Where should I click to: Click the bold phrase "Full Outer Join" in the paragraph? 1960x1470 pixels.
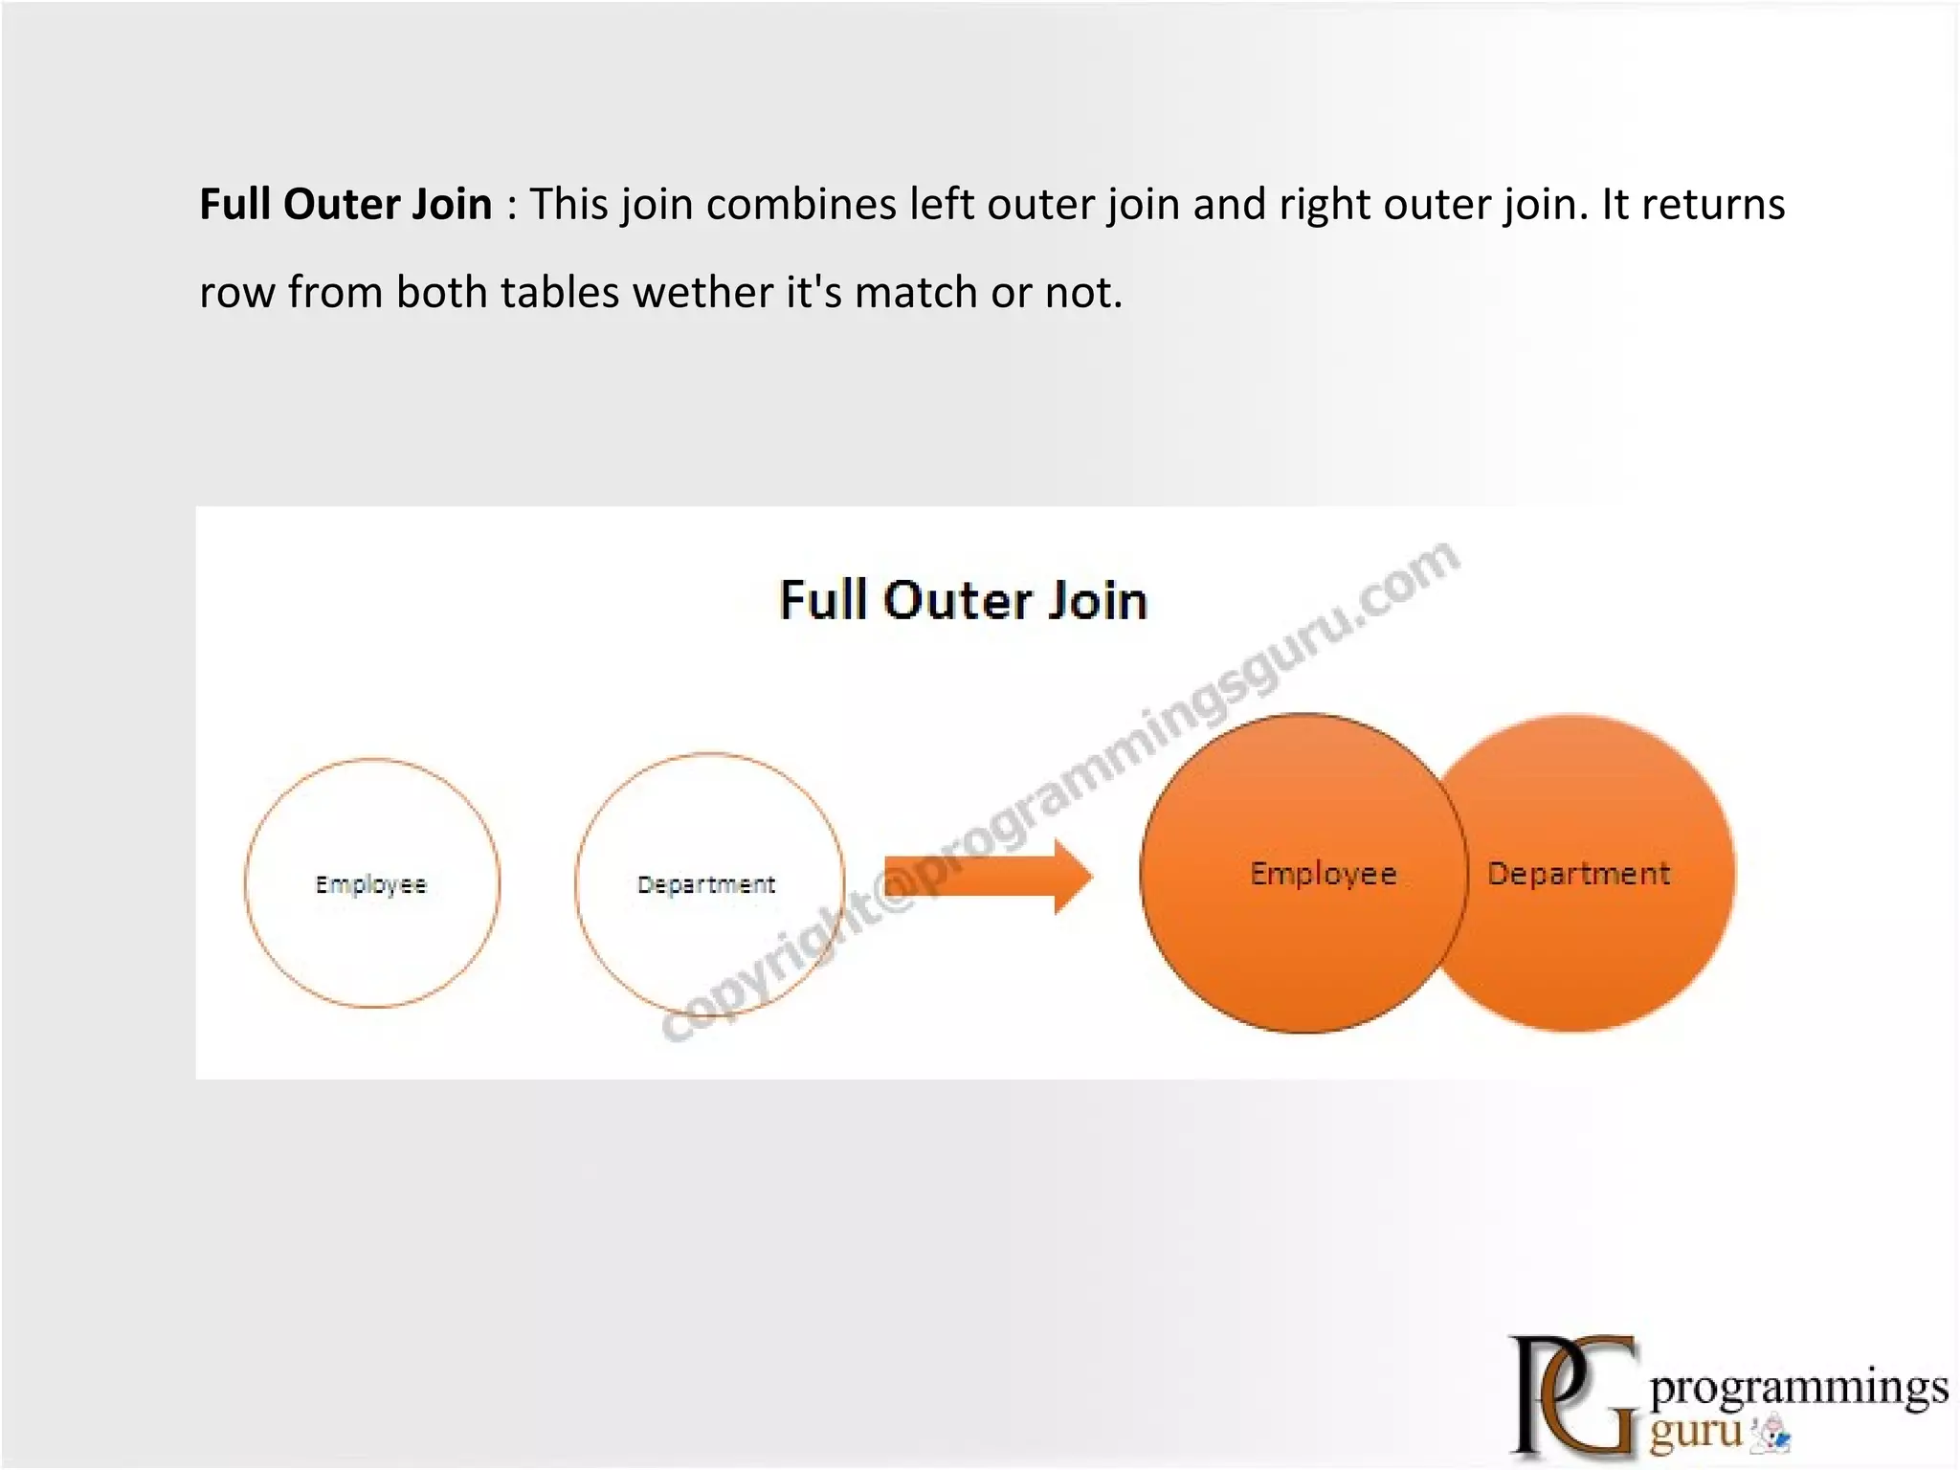(345, 205)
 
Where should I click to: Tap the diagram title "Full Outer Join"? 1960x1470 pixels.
(963, 601)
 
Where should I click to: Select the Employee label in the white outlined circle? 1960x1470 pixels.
(371, 884)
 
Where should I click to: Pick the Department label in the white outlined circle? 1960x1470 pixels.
(706, 884)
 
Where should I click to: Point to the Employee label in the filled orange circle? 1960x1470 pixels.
(1324, 874)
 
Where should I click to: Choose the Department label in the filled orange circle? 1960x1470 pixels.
(1579, 874)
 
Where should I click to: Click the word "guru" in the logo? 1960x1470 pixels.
(1696, 1433)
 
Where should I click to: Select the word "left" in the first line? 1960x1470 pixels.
(942, 205)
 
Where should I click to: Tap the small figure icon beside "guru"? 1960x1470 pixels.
(1771, 1436)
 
